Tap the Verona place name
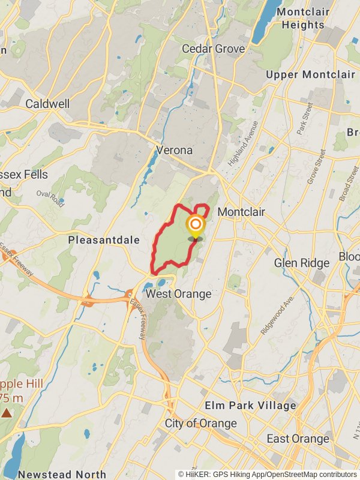coord(174,149)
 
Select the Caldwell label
coord(47,104)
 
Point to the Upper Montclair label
coord(310,74)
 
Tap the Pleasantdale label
coord(104,240)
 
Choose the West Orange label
coord(179,294)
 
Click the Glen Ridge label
coord(302,263)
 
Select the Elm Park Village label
coord(250,406)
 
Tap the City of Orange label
coord(201,424)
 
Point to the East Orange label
coord(298,439)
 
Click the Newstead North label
coord(62,474)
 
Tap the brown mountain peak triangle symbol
coord(7,413)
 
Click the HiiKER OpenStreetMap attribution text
coord(268,475)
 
